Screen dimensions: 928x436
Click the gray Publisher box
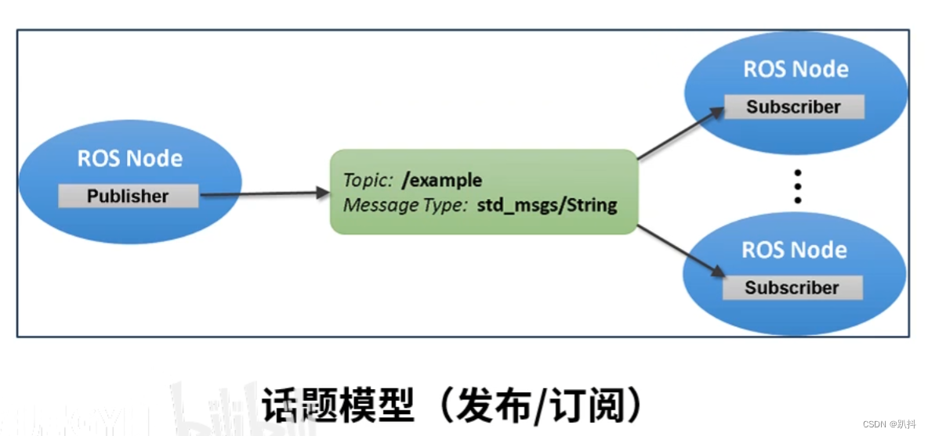[128, 196]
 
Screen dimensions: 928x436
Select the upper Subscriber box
[793, 107]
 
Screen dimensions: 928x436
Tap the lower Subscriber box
[792, 287]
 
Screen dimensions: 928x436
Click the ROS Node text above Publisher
[129, 159]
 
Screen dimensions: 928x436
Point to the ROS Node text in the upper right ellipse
[796, 69]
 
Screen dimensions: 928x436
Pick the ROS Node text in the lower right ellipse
[794, 250]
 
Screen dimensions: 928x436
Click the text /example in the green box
[441, 181]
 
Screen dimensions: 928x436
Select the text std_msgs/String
[547, 206]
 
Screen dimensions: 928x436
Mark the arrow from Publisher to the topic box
[263, 193]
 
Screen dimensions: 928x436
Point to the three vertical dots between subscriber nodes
[797, 186]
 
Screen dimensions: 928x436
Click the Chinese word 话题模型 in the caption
[337, 405]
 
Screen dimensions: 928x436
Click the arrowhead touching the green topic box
[321, 193]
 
